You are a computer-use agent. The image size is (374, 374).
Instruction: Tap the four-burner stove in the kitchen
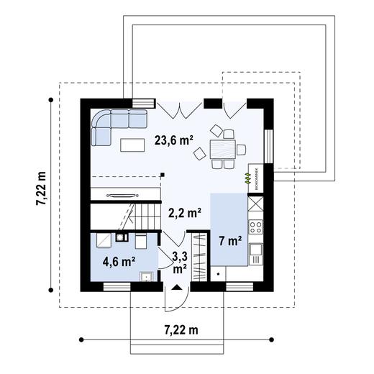point(256,228)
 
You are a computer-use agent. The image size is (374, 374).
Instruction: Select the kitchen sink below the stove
point(256,253)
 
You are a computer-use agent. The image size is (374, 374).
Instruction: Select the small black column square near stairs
point(163,173)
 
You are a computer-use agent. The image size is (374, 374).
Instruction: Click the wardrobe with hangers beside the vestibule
point(199,255)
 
